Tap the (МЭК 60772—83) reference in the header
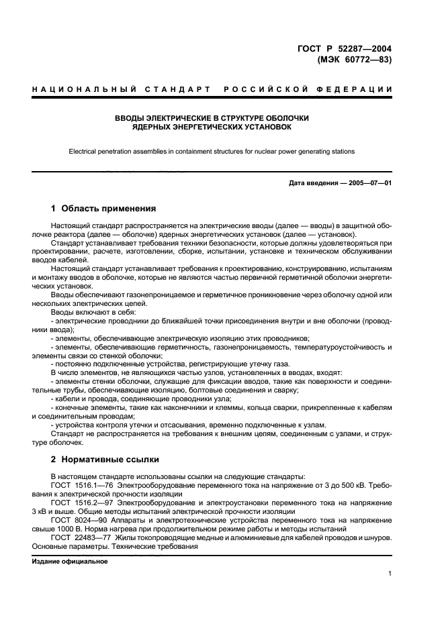click(353, 59)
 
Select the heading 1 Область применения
click(103, 208)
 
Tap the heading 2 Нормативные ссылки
click(105, 460)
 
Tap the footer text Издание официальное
click(70, 562)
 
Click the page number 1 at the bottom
click(390, 574)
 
